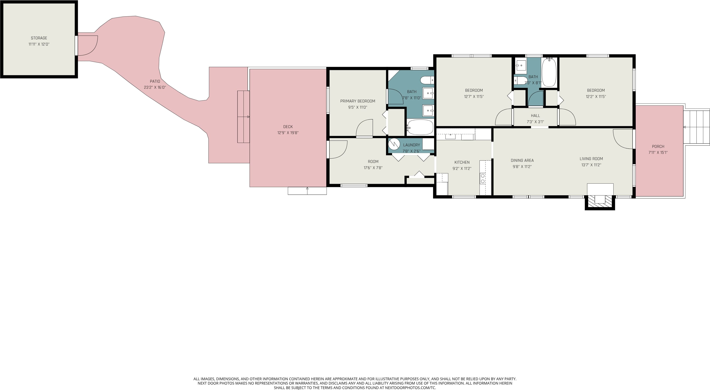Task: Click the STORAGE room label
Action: click(39, 38)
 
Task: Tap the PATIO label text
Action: click(155, 81)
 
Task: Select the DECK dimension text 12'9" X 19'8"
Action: click(288, 133)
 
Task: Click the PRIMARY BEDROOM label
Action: click(358, 101)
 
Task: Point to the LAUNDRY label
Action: click(411, 145)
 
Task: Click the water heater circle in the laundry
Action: click(394, 144)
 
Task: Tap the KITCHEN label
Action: click(462, 162)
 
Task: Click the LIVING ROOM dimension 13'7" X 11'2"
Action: click(591, 165)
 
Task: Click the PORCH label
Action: click(658, 147)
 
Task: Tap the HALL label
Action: click(536, 116)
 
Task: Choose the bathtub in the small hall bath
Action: click(549, 72)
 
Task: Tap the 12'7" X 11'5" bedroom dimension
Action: click(474, 97)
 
